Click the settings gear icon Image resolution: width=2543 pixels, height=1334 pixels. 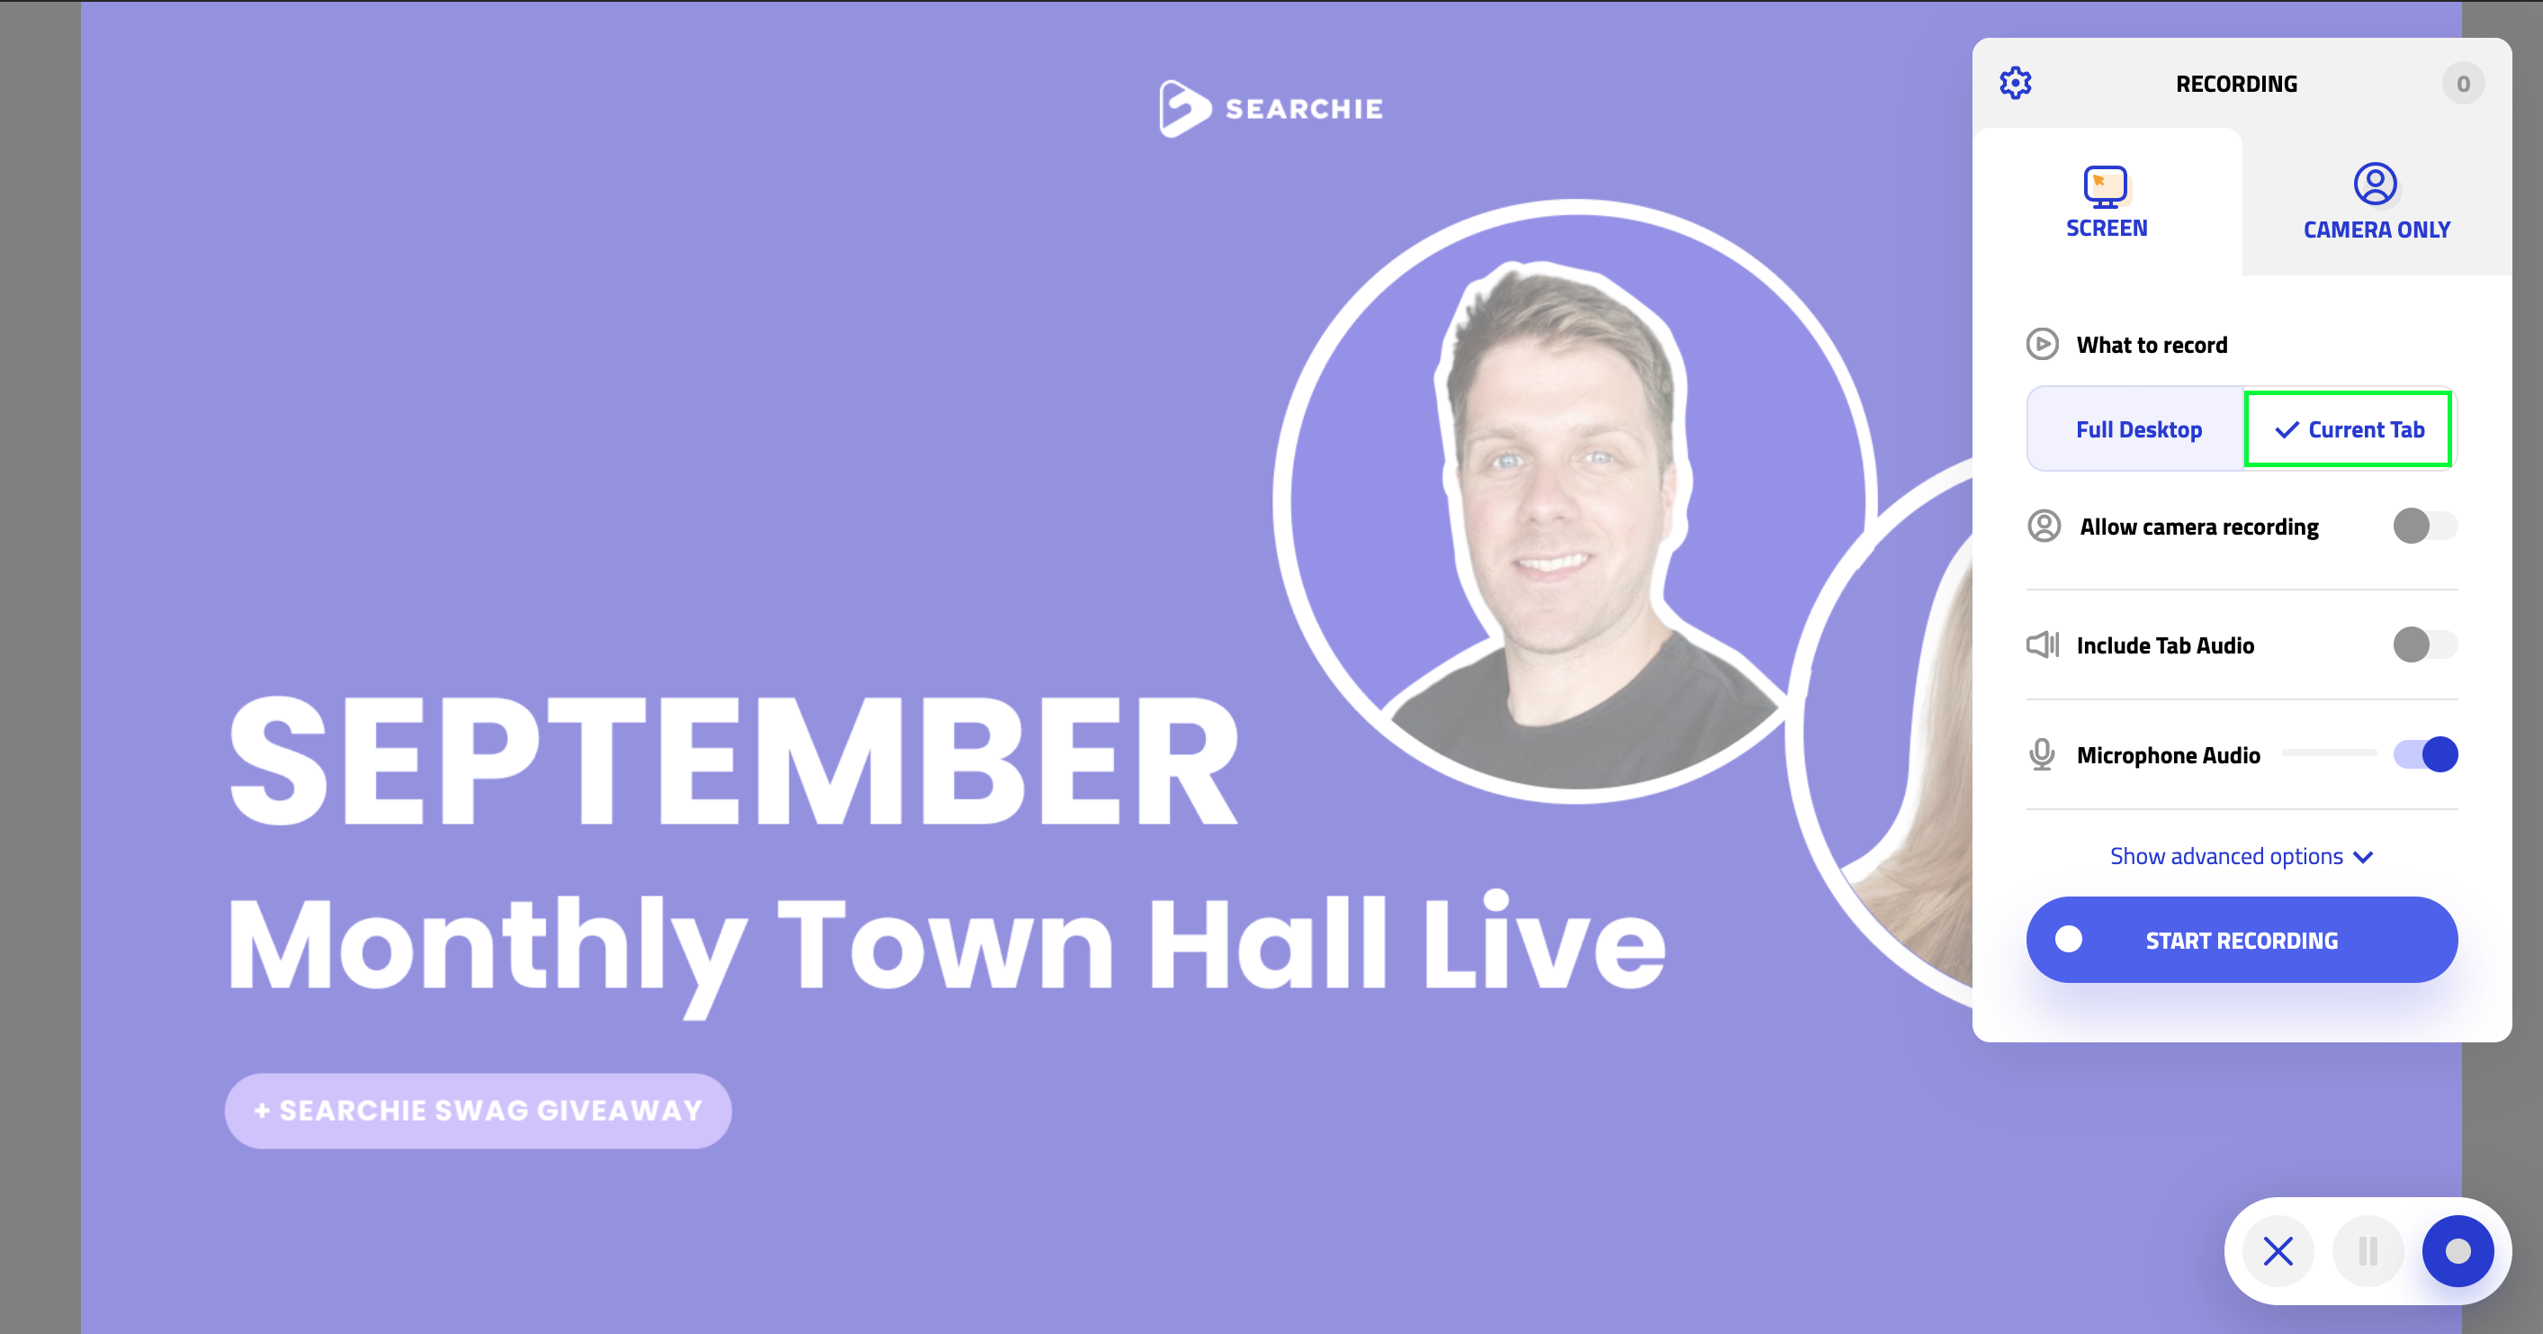(x=2015, y=83)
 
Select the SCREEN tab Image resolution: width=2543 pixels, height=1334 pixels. (x=2107, y=202)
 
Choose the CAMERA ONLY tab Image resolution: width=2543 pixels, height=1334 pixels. (x=2377, y=202)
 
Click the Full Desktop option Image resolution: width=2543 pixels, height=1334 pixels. (x=2137, y=429)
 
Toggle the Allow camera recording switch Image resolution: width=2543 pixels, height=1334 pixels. (x=2424, y=526)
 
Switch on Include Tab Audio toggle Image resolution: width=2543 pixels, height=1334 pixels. (x=2424, y=644)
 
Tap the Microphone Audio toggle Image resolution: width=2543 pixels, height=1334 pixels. (x=2424, y=754)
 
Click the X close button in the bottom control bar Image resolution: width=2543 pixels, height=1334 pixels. (x=2278, y=1251)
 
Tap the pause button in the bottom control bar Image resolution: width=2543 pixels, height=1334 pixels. (x=2368, y=1251)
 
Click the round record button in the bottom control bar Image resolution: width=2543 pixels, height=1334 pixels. (x=2458, y=1251)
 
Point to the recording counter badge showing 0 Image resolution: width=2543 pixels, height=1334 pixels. (x=2463, y=84)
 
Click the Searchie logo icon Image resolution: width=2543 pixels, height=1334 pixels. (x=1183, y=109)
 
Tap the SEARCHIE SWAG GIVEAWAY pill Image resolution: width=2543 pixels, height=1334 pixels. (x=478, y=1111)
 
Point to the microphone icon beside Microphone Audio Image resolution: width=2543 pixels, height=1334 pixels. (x=2042, y=755)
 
